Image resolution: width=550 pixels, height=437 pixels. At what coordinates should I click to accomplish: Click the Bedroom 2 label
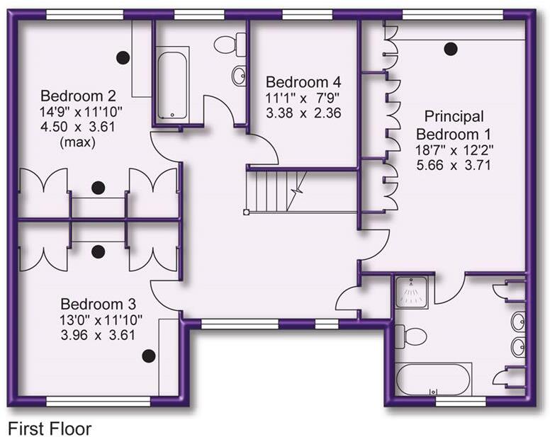tap(77, 96)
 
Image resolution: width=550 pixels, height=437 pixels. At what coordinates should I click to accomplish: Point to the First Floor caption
tap(49, 427)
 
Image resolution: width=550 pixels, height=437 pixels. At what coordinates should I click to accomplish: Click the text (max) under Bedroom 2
tap(78, 142)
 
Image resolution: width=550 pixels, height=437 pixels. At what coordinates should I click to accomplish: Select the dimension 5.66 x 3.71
tap(454, 166)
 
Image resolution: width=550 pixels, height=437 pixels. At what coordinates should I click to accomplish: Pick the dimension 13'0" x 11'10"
tap(96, 320)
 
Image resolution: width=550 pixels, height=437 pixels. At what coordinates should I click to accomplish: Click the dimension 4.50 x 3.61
tap(78, 127)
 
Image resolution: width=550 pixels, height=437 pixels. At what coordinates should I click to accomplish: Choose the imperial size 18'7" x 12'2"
tap(454, 149)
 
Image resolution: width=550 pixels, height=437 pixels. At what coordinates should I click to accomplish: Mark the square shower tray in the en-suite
tap(411, 292)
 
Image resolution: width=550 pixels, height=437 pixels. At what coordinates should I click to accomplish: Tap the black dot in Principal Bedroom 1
tap(449, 49)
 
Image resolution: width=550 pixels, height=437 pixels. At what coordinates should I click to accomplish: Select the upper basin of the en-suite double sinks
tap(518, 319)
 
